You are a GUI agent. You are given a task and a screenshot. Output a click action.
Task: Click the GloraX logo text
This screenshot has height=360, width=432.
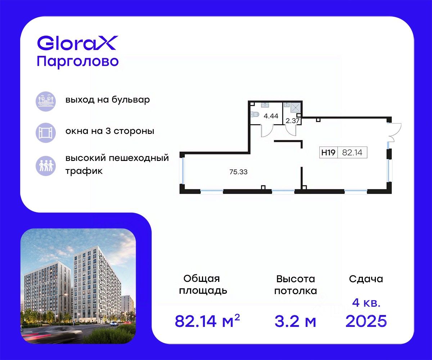(x=77, y=43)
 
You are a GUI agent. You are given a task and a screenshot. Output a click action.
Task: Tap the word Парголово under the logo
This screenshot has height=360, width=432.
(x=78, y=62)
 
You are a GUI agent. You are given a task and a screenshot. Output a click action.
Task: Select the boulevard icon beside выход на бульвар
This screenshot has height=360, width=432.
(x=46, y=102)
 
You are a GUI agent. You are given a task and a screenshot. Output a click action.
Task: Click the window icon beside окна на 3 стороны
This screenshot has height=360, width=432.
(x=46, y=132)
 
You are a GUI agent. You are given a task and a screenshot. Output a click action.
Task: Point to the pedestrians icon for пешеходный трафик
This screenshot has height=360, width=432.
(x=46, y=166)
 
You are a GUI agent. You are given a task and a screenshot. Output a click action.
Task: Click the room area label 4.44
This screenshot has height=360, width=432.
(x=271, y=116)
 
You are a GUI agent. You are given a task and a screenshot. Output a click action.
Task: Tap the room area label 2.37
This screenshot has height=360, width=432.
(x=293, y=121)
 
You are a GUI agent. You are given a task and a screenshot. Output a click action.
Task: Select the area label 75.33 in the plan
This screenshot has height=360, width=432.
(x=238, y=172)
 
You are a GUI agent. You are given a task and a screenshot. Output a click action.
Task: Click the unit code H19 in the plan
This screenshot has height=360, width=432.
(x=328, y=153)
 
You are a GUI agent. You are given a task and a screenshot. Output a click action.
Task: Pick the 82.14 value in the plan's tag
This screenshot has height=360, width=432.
(x=352, y=153)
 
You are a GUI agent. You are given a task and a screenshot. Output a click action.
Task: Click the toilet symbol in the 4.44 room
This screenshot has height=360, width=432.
(x=255, y=114)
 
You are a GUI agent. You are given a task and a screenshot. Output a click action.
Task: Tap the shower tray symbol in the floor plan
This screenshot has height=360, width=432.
(x=296, y=108)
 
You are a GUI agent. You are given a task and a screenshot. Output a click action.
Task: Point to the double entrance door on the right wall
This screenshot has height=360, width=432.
(x=394, y=132)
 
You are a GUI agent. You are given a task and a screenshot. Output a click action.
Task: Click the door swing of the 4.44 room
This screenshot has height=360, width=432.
(x=267, y=131)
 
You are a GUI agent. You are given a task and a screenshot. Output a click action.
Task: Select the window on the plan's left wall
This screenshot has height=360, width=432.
(x=183, y=171)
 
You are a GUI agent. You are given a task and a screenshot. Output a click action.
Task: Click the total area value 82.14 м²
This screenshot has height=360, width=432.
(x=207, y=321)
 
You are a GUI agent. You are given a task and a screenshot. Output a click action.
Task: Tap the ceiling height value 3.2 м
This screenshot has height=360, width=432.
(x=296, y=321)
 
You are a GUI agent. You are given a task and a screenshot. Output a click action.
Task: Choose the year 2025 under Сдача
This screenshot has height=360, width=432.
(x=366, y=321)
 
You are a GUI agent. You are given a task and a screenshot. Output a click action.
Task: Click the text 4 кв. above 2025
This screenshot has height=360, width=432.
(x=366, y=303)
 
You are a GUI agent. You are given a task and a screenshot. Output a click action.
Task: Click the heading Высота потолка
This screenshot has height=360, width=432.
(x=296, y=285)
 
